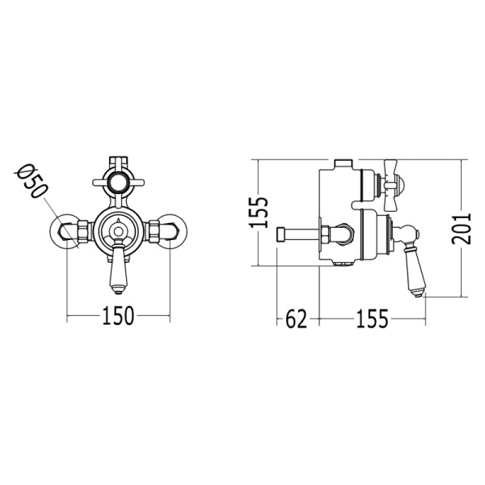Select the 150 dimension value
coord(118,315)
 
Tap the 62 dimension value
coord(297,318)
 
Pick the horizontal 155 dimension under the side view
coord(372,318)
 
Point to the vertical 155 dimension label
coord(259,213)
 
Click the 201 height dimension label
coord(461,228)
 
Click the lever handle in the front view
coord(118,268)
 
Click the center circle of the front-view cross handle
coord(119,183)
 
